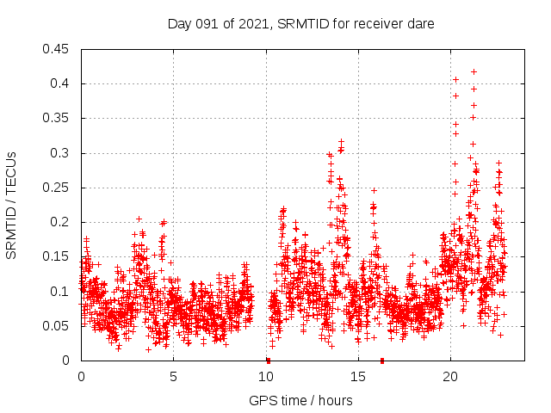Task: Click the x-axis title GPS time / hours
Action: click(x=300, y=400)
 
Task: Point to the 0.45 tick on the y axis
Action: click(x=58, y=49)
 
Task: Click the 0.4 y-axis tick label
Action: click(x=61, y=83)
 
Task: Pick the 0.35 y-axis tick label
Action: click(x=58, y=118)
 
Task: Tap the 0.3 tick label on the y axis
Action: click(x=61, y=153)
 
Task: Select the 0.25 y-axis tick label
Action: click(x=58, y=188)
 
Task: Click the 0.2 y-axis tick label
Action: click(x=61, y=222)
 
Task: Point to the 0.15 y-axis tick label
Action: click(x=58, y=256)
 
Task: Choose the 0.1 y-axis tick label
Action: click(x=61, y=292)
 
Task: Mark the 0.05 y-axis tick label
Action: click(x=58, y=326)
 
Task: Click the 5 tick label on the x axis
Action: click(x=173, y=377)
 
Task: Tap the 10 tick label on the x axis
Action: click(x=266, y=377)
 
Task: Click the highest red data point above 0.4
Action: click(x=474, y=71)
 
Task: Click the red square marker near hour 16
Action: click(x=382, y=361)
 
